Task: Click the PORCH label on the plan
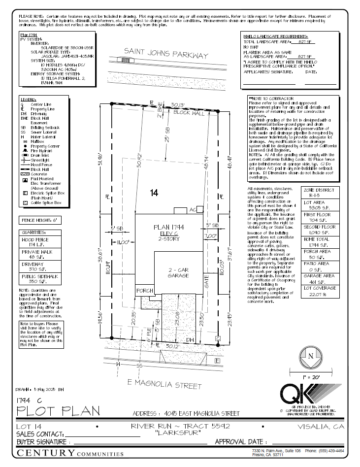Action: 145,290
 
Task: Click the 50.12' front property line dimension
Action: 172,346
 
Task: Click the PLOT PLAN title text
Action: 59,410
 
